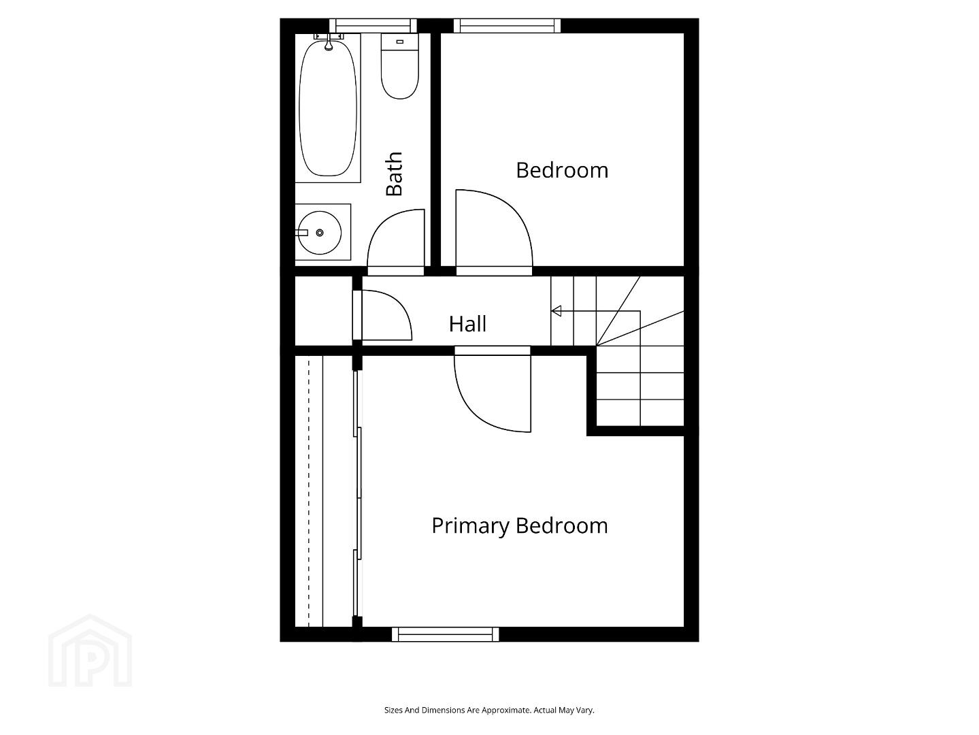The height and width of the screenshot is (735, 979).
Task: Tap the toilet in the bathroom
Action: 399,67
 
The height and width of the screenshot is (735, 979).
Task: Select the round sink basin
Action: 320,233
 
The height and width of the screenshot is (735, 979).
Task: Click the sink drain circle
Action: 320,233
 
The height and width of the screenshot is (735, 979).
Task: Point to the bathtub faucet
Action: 329,44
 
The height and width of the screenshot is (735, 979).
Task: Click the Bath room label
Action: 395,174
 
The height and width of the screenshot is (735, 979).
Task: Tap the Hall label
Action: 467,324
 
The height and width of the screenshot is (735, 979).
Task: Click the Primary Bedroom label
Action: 520,526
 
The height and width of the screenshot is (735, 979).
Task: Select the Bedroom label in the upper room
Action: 562,170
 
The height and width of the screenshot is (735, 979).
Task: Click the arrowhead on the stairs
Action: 557,311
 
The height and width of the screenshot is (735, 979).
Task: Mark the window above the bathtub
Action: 373,26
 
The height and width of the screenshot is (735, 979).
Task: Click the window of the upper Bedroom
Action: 507,26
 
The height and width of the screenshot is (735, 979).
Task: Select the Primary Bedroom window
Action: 445,634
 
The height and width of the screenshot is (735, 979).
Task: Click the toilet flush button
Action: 399,42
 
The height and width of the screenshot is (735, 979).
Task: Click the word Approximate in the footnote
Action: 506,710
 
